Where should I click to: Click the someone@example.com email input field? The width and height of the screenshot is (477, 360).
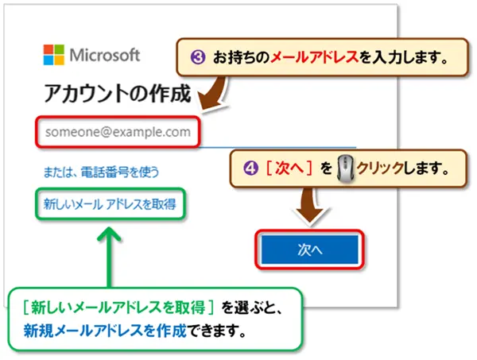pos(118,132)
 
